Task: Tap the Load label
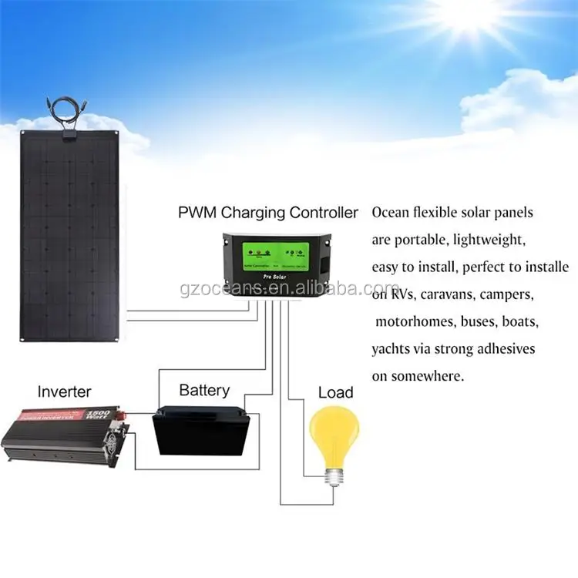tap(335, 392)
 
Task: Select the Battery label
tap(204, 389)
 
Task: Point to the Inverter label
tap(64, 391)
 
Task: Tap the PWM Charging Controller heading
tap(267, 212)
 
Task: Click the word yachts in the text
tap(391, 349)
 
